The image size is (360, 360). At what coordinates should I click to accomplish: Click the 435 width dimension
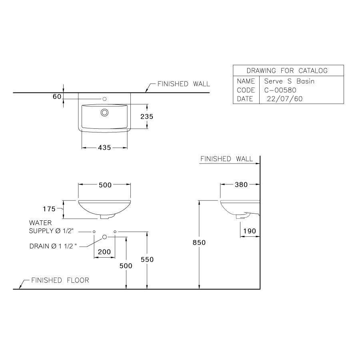(x=104, y=148)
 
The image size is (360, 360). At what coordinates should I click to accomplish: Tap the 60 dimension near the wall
(x=56, y=97)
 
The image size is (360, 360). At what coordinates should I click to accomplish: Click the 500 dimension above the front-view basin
(x=104, y=185)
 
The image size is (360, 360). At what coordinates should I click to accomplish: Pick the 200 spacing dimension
(x=104, y=252)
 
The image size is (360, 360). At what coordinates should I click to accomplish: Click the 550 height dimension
(x=147, y=260)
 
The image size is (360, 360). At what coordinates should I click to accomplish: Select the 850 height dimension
(x=199, y=243)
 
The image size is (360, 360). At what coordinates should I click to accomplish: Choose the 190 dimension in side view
(x=249, y=231)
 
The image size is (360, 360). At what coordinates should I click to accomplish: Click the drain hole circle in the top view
(x=105, y=112)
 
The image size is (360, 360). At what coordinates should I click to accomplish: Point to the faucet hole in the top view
(x=105, y=98)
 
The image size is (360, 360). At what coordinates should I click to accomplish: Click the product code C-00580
(x=280, y=90)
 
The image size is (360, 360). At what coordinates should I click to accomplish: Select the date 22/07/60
(x=285, y=99)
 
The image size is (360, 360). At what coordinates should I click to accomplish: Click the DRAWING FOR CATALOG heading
(x=287, y=71)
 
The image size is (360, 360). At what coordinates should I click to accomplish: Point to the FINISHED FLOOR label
(x=60, y=280)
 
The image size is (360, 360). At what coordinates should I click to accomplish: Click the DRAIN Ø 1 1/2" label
(x=53, y=246)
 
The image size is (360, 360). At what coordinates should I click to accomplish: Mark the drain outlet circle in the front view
(x=104, y=237)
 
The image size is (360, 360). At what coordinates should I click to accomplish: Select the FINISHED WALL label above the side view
(x=226, y=159)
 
